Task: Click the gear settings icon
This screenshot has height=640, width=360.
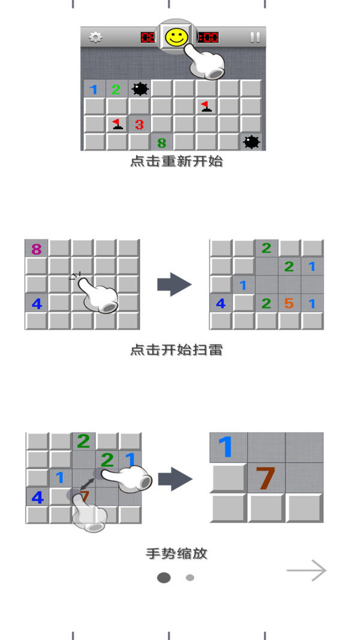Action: [x=95, y=37]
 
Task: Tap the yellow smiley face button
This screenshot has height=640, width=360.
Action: [x=176, y=37]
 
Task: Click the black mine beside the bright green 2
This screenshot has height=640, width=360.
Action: [x=140, y=89]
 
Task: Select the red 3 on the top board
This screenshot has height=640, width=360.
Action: [x=139, y=124]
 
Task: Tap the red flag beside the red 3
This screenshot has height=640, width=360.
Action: [x=118, y=124]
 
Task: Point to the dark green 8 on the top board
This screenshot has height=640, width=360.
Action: [x=161, y=143]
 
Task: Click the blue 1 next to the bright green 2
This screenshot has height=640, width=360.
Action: [x=94, y=89]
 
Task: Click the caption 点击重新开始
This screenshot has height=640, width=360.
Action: [x=176, y=162]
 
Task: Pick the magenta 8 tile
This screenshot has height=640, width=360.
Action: [x=36, y=249]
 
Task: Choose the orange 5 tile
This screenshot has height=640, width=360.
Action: [x=289, y=303]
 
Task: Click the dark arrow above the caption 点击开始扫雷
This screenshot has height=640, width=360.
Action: [x=175, y=284]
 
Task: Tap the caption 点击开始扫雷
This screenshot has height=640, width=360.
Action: [x=176, y=350]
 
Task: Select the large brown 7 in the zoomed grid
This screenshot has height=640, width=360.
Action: [x=265, y=478]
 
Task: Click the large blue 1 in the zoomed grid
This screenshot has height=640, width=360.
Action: [x=225, y=447]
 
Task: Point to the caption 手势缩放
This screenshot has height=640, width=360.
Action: [x=176, y=554]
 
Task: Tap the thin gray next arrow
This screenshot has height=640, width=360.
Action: [x=307, y=570]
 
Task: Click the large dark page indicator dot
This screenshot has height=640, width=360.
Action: [x=164, y=578]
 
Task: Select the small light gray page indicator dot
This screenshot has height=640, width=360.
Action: [x=190, y=578]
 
